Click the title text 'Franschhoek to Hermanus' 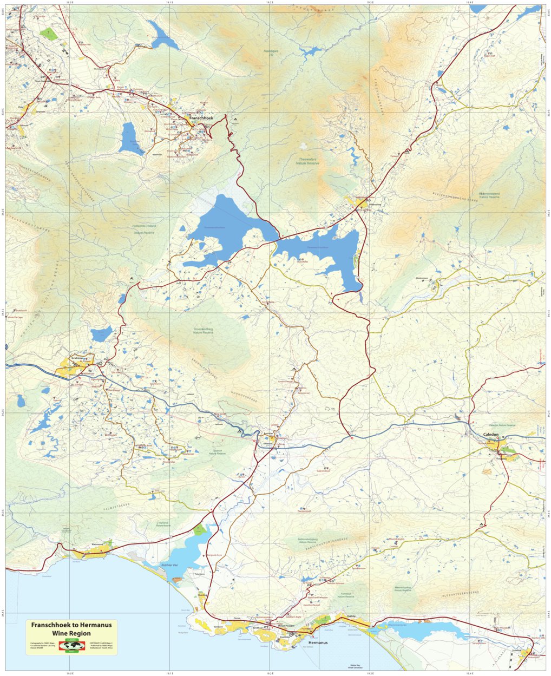click(x=71, y=625)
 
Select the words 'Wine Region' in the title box click(x=71, y=633)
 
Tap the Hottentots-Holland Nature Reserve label click(x=143, y=229)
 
